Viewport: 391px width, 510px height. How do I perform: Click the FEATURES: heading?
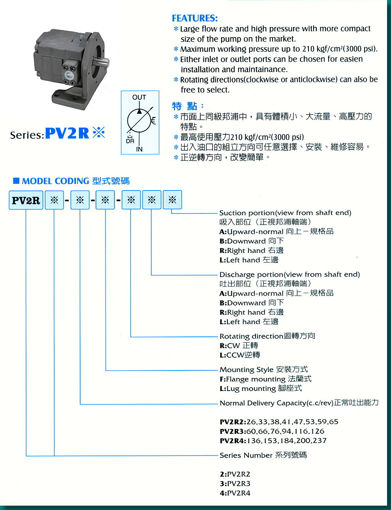click(195, 18)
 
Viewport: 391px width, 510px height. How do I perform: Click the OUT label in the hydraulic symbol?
click(139, 97)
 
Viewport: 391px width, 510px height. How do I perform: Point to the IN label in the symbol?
click(139, 149)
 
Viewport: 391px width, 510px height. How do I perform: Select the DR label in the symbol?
click(130, 141)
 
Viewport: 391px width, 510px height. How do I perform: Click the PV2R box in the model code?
click(26, 200)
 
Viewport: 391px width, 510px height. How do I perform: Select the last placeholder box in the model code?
click(172, 200)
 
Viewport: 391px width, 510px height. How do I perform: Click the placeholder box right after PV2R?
click(55, 200)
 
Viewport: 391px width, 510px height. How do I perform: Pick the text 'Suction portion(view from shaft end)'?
click(285, 213)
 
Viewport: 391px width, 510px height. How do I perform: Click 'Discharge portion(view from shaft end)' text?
click(289, 274)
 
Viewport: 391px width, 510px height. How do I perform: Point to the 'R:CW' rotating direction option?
click(239, 346)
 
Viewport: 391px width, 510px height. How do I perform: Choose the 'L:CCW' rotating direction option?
click(240, 355)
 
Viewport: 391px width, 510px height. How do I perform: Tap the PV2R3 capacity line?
click(272, 431)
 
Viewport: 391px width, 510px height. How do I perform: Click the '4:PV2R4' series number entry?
click(235, 493)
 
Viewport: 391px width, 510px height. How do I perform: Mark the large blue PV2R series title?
click(67, 134)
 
